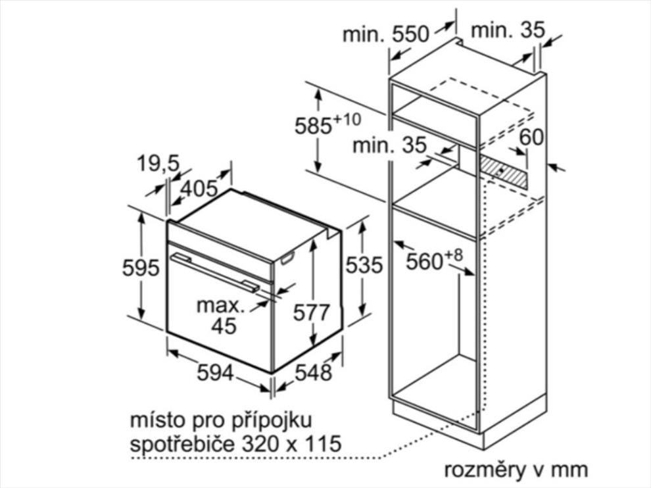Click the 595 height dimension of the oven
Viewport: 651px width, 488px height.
point(141,268)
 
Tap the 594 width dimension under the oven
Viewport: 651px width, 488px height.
point(215,372)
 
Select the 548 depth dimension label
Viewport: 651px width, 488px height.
point(314,372)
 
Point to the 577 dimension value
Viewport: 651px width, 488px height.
point(312,312)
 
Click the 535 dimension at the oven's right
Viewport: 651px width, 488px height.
point(364,265)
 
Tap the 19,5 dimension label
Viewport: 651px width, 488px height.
point(158,163)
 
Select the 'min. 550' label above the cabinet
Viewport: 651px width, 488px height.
point(385,34)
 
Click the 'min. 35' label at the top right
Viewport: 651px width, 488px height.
point(508,30)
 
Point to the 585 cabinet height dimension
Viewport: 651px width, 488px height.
point(327,124)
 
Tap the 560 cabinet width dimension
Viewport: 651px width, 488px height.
point(434,260)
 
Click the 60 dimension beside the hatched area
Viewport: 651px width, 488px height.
point(531,137)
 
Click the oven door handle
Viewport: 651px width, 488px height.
point(214,272)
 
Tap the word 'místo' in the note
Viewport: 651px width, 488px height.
point(157,420)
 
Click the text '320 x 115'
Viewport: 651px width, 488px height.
point(291,443)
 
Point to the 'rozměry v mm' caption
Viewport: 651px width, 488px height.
point(516,470)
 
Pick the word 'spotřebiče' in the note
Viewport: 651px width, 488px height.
point(183,443)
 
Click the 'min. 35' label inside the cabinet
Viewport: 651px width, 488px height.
point(389,145)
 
